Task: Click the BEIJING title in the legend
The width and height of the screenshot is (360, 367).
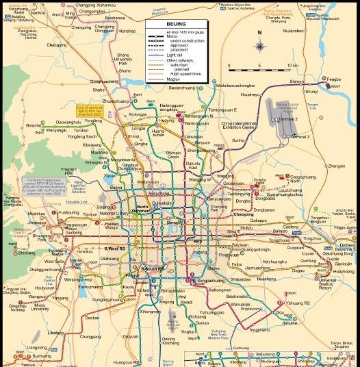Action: click(x=176, y=23)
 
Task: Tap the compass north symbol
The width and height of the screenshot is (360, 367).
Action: click(x=259, y=46)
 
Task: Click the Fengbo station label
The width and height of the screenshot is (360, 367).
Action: click(x=334, y=80)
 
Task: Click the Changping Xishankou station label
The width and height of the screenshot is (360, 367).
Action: click(x=96, y=5)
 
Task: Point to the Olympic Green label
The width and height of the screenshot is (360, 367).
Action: click(x=174, y=155)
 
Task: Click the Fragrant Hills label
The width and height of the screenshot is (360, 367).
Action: click(x=70, y=170)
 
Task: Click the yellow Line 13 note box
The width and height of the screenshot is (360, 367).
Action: click(x=90, y=110)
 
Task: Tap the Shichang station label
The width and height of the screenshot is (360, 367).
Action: click(x=26, y=253)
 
